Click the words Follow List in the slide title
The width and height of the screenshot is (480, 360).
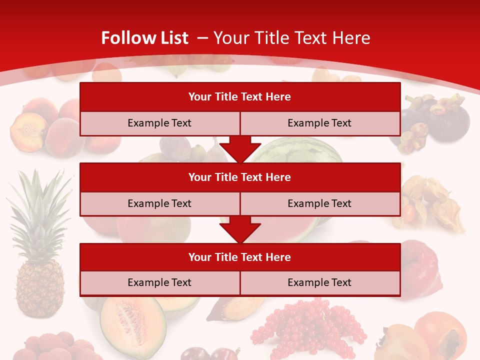click(x=144, y=38)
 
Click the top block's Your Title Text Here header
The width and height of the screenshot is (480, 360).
click(x=239, y=97)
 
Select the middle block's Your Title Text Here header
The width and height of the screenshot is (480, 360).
click(x=239, y=177)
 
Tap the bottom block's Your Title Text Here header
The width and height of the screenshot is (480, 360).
click(x=239, y=257)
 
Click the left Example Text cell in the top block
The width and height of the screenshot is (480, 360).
click(x=159, y=123)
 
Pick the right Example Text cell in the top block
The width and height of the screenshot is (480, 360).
click(x=319, y=123)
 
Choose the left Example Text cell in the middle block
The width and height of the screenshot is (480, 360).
click(x=159, y=203)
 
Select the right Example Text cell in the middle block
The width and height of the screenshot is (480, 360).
click(x=319, y=203)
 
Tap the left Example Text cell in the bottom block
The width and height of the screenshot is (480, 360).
click(x=159, y=282)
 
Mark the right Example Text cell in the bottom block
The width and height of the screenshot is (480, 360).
click(x=319, y=282)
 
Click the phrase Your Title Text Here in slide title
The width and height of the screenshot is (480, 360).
click(x=291, y=38)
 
